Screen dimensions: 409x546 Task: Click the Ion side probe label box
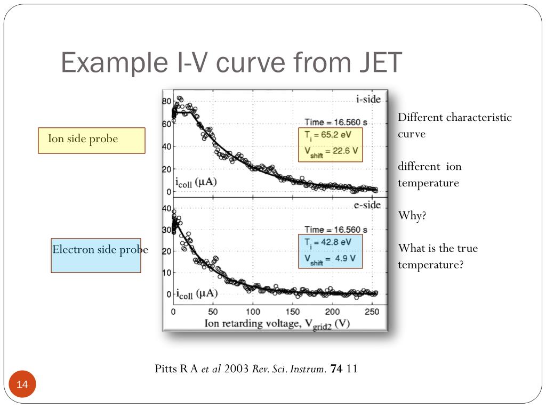click(91, 140)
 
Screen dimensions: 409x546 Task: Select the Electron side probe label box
click(96, 255)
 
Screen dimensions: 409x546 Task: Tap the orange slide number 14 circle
click(22, 385)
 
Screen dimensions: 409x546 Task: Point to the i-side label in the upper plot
click(368, 99)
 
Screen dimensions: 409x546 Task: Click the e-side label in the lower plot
click(367, 205)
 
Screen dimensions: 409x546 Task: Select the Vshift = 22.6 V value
click(331, 151)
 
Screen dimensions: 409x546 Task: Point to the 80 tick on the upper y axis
click(166, 101)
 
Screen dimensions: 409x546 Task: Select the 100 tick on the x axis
click(253, 311)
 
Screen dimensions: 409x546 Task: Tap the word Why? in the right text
click(413, 216)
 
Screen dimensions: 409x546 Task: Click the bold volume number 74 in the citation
click(336, 369)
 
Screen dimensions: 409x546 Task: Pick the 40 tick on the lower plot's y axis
click(166, 208)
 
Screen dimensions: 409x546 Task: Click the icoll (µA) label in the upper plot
click(196, 183)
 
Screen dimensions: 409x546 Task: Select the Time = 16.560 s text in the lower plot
click(336, 230)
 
